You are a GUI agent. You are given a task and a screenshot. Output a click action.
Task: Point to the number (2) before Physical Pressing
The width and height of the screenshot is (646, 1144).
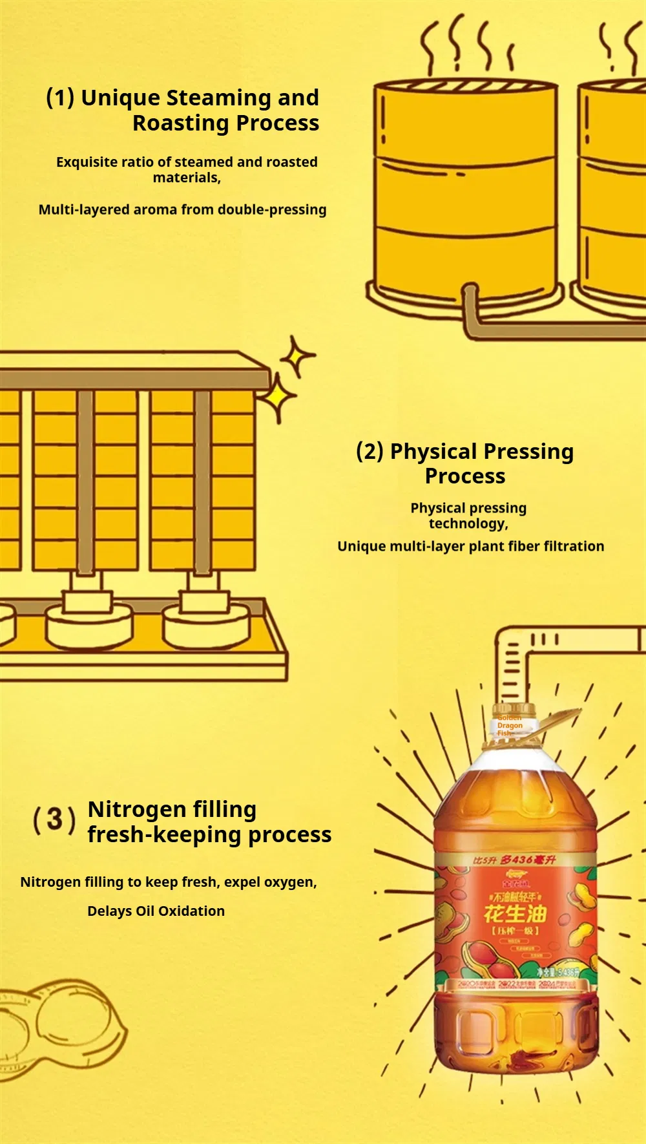[x=370, y=450]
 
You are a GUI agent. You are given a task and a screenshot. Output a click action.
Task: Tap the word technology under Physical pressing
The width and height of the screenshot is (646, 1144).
[x=468, y=524]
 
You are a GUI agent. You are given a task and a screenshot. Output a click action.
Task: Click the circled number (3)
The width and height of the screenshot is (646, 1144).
[x=54, y=820]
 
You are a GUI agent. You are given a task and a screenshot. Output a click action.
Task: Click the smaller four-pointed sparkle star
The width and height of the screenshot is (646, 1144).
[x=297, y=355]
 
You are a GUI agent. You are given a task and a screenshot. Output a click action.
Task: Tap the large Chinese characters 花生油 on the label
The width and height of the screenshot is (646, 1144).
[x=515, y=913]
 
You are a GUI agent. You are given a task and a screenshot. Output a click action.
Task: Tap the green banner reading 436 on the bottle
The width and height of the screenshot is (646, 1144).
[x=514, y=860]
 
